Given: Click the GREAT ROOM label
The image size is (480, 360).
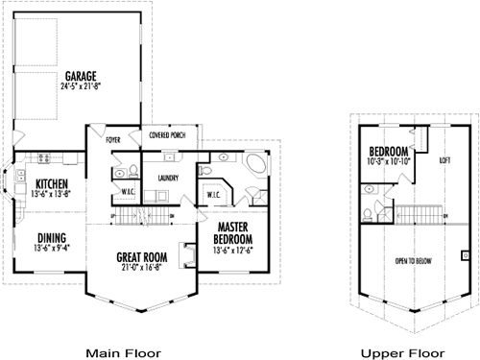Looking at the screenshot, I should [x=141, y=256].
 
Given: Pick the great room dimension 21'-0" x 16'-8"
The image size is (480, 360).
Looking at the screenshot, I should [x=141, y=269].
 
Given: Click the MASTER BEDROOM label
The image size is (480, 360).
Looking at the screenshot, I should [x=232, y=233].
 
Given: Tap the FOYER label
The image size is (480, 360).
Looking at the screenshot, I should [x=112, y=137].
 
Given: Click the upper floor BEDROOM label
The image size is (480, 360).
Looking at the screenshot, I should [x=389, y=152].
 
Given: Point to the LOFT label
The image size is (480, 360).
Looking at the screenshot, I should [x=444, y=160].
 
